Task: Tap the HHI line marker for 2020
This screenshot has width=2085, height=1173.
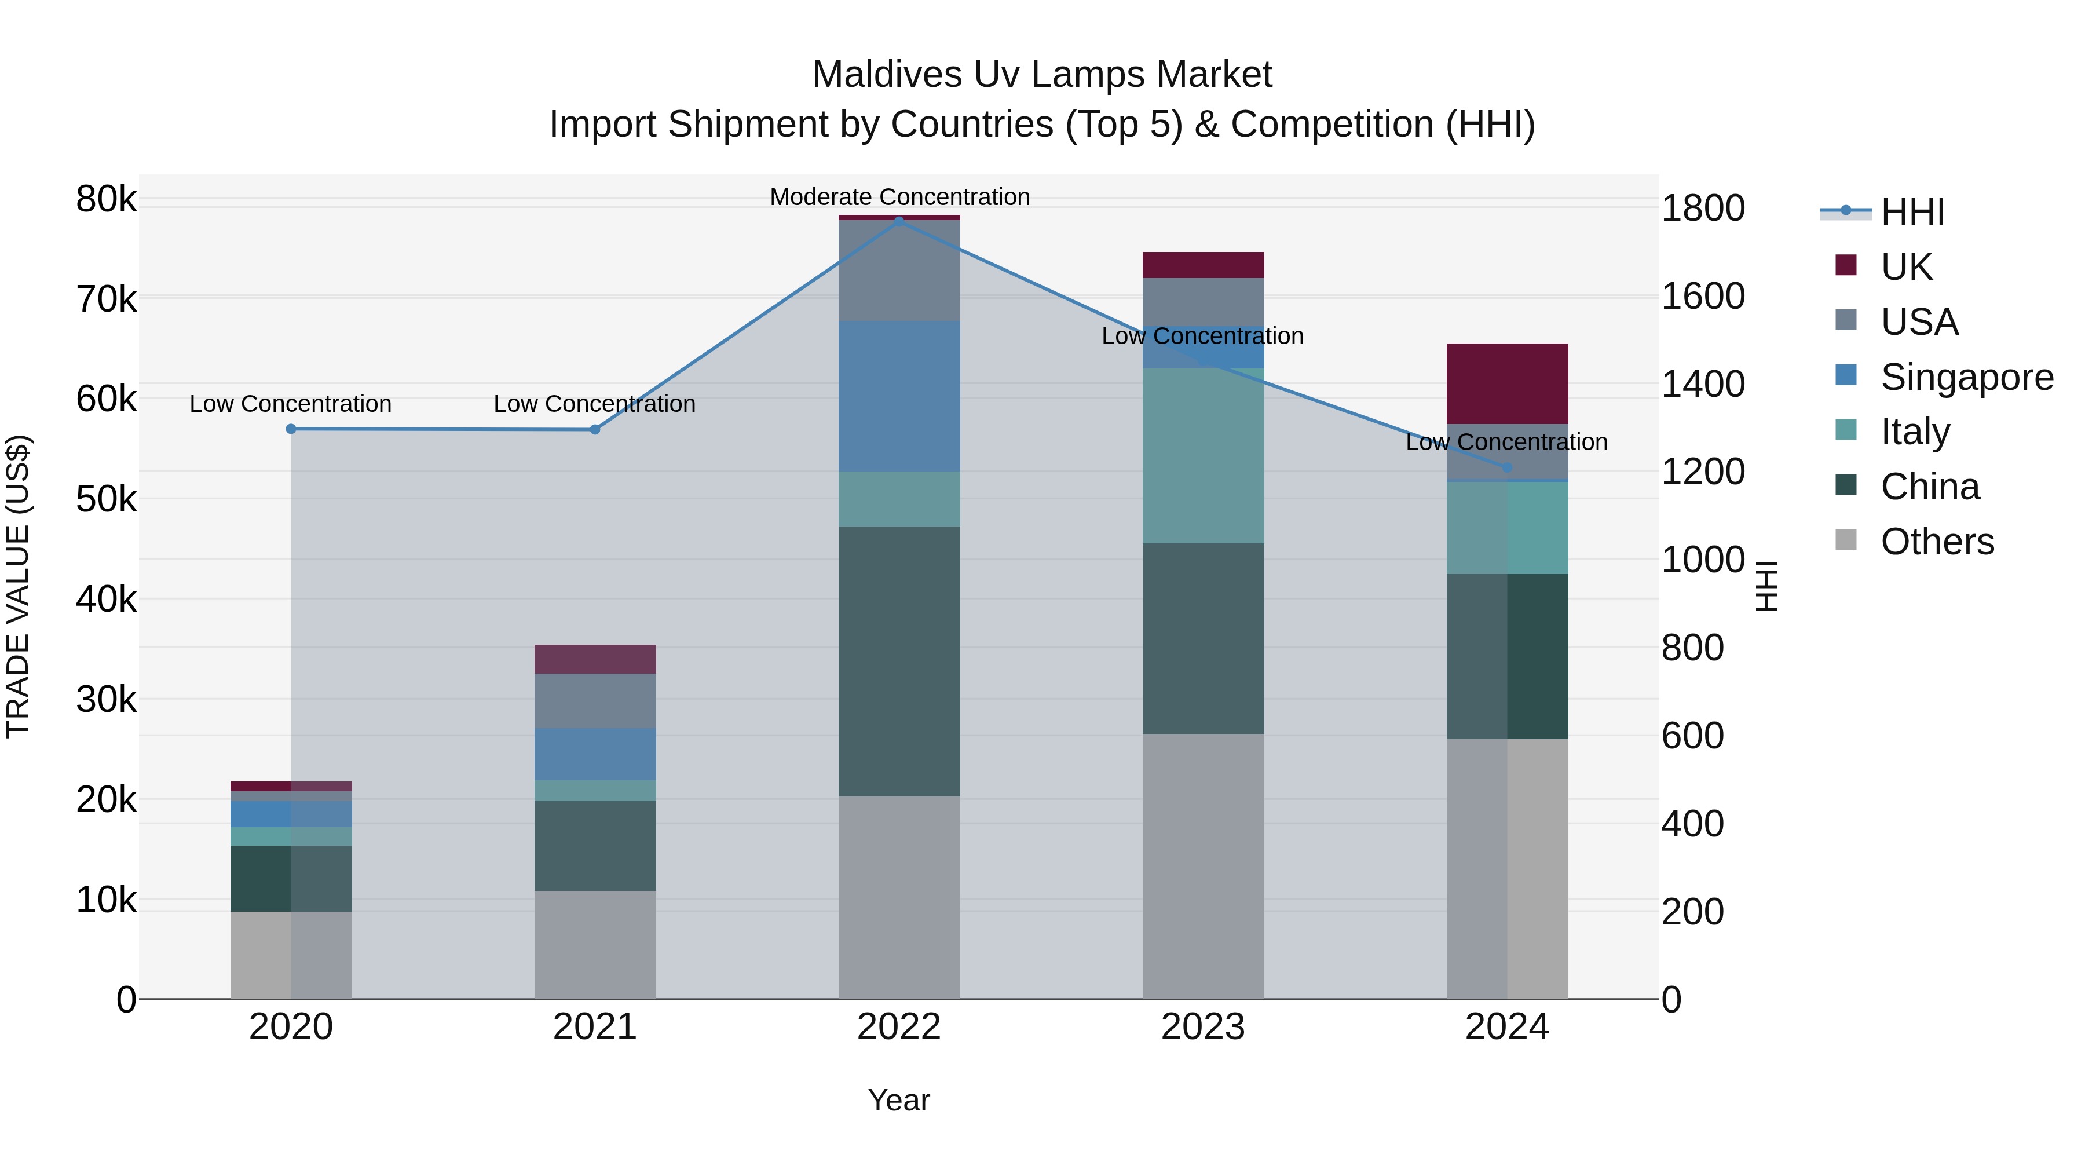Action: [291, 429]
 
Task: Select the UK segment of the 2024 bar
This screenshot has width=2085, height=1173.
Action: [1507, 383]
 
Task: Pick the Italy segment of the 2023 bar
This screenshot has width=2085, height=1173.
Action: [1203, 456]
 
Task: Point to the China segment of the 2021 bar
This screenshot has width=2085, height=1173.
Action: [595, 846]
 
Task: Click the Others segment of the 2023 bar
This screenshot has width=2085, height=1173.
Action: [1203, 866]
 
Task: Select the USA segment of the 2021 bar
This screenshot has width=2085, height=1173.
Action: [595, 701]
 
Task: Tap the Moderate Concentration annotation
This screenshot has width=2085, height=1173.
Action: [899, 197]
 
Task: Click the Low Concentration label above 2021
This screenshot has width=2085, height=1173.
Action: [594, 403]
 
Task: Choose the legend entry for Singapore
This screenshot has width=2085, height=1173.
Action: [1966, 377]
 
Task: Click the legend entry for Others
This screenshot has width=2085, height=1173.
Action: [1936, 542]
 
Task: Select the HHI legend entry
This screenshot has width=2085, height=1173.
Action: [1912, 212]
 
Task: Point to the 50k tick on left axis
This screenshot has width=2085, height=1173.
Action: [106, 499]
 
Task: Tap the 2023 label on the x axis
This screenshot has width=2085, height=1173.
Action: [1203, 1027]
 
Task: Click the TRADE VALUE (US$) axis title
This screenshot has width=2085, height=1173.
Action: [18, 586]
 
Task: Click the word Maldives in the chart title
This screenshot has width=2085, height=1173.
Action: [887, 75]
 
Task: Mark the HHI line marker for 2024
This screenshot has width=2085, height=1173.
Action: [1507, 467]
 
